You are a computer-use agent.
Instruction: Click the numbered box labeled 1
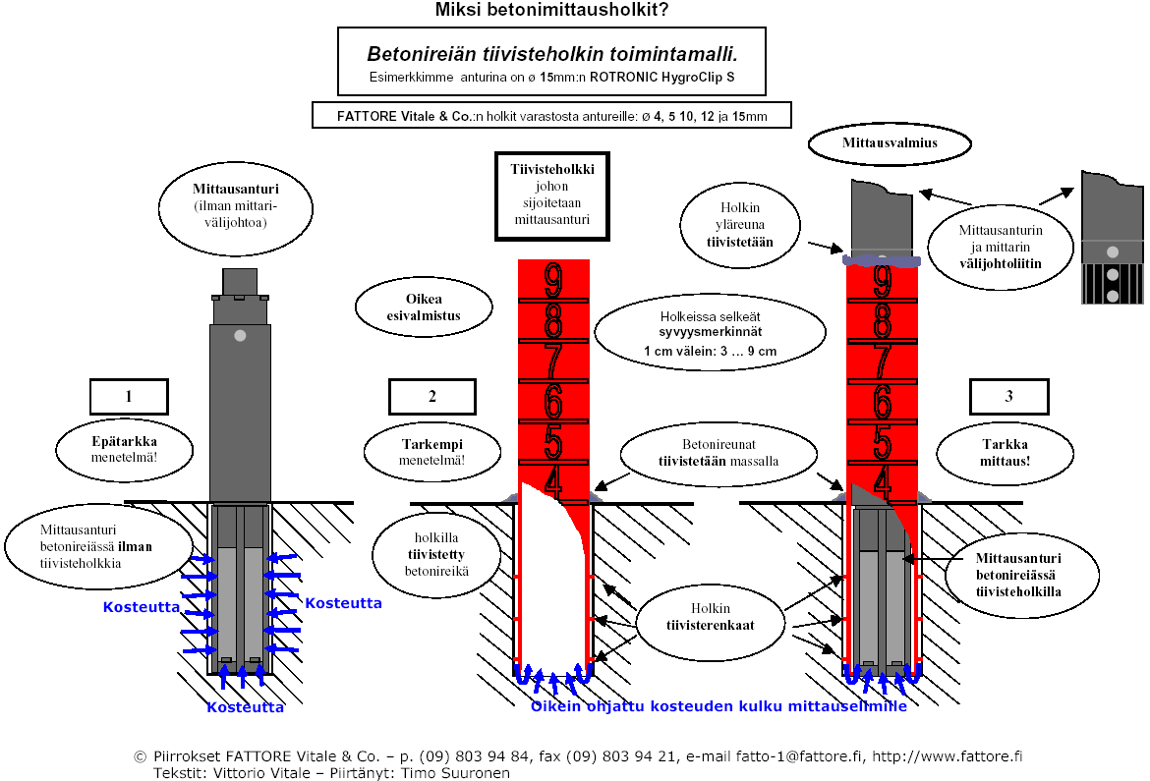pos(129,397)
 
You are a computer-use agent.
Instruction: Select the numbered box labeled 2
pos(431,397)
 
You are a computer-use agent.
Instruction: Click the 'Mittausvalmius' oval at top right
pos(890,143)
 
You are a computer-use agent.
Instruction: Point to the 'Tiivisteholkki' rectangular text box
pos(551,195)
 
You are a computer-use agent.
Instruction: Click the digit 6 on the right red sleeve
pos(882,403)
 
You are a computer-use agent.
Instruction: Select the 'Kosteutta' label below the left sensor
pos(245,707)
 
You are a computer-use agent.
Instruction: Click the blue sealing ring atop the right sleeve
pos(882,261)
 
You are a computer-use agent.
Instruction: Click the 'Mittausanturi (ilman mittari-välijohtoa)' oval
pos(235,207)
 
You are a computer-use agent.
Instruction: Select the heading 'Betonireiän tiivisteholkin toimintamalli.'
pos(551,54)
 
